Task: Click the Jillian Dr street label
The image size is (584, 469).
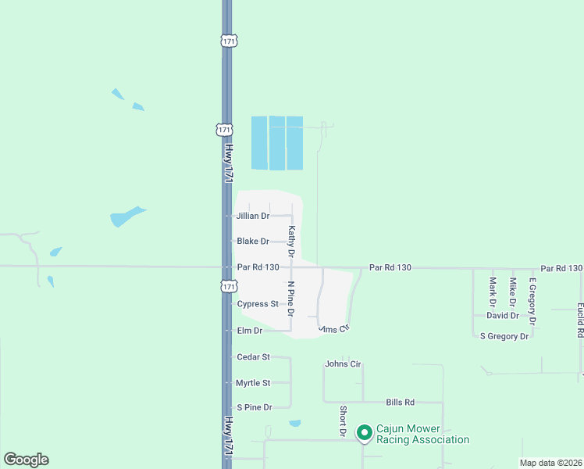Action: (x=253, y=216)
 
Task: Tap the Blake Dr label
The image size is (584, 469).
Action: (x=253, y=242)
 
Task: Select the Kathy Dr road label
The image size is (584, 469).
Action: (x=291, y=242)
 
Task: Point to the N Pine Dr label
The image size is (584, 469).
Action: (x=291, y=298)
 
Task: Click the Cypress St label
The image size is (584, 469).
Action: (x=258, y=304)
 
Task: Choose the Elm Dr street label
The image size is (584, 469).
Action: (x=250, y=331)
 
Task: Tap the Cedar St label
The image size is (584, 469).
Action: (x=253, y=357)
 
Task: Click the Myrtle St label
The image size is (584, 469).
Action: (x=253, y=383)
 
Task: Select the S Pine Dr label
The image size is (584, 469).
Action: (x=254, y=407)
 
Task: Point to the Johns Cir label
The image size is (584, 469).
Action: (x=344, y=364)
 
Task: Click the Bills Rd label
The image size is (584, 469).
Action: (x=400, y=403)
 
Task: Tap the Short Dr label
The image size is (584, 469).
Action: (x=342, y=421)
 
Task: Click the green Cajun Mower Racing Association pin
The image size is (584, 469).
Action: (x=364, y=432)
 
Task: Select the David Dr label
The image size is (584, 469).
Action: (x=502, y=316)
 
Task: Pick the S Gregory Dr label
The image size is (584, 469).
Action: (x=504, y=336)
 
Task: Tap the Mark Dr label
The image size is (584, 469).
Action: (x=493, y=292)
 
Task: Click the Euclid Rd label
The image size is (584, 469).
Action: (x=580, y=320)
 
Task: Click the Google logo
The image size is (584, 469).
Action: (x=26, y=460)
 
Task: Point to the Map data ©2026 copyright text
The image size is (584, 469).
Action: (x=550, y=463)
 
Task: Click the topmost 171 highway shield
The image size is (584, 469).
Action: (x=228, y=40)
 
